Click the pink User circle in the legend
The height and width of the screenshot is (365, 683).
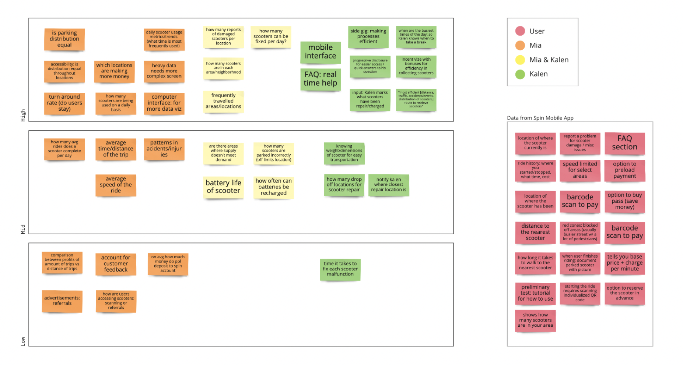pyautogui.click(x=520, y=31)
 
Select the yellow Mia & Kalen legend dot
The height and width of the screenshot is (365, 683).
pyautogui.click(x=520, y=60)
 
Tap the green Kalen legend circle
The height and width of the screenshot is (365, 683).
pyautogui.click(x=520, y=74)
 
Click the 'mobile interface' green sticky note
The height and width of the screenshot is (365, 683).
pyautogui.click(x=320, y=52)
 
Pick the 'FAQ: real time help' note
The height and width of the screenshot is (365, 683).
pyautogui.click(x=320, y=79)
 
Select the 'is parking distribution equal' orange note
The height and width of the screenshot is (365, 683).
pyautogui.click(x=64, y=39)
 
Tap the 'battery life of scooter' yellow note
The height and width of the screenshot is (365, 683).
pyautogui.click(x=223, y=187)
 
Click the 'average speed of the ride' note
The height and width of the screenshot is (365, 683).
pyautogui.click(x=116, y=185)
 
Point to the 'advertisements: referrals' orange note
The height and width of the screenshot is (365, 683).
pyautogui.click(x=62, y=301)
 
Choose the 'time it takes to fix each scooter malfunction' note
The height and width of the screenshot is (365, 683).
pyautogui.click(x=340, y=269)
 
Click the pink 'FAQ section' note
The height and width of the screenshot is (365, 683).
pyautogui.click(x=624, y=143)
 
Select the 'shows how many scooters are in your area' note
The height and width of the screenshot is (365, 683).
pyautogui.click(x=535, y=320)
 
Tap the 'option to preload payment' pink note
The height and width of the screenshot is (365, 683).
pyautogui.click(x=624, y=170)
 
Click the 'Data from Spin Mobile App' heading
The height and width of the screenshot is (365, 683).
pyautogui.click(x=540, y=118)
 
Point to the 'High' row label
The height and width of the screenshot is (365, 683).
pyautogui.click(x=23, y=115)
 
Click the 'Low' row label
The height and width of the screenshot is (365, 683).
pyautogui.click(x=23, y=341)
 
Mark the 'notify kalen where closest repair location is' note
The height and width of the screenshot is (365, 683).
pyautogui.click(x=388, y=185)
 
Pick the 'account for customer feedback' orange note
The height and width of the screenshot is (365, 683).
pyautogui.click(x=116, y=264)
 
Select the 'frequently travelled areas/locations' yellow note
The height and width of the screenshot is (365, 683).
pyautogui.click(x=223, y=101)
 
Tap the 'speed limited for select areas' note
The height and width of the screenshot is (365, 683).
pyautogui.click(x=579, y=170)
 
